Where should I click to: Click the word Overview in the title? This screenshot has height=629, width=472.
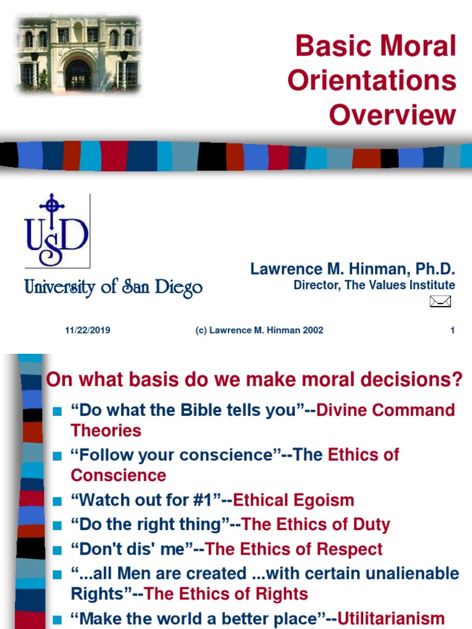pyautogui.click(x=392, y=114)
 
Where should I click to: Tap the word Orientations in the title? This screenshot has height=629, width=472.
pyautogui.click(x=372, y=80)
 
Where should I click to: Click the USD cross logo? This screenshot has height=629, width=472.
pyautogui.click(x=57, y=230)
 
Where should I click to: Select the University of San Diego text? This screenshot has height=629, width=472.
pyautogui.click(x=113, y=287)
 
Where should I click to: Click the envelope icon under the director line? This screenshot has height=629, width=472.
pyautogui.click(x=441, y=301)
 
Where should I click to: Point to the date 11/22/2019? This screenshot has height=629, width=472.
pyautogui.click(x=88, y=330)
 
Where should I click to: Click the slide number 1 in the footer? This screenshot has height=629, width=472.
pyautogui.click(x=452, y=330)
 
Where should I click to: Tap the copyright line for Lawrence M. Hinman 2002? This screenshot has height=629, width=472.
pyautogui.click(x=259, y=330)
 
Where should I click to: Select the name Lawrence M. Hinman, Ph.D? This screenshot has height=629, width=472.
pyautogui.click(x=352, y=269)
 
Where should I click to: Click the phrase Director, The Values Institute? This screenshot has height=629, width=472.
pyautogui.click(x=374, y=285)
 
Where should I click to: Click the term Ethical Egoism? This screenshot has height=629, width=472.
pyautogui.click(x=293, y=500)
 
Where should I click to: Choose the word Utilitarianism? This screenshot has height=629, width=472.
pyautogui.click(x=391, y=618)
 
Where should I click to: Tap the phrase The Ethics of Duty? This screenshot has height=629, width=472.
pyautogui.click(x=316, y=525)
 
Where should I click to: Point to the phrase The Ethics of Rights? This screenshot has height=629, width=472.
pyautogui.click(x=226, y=594)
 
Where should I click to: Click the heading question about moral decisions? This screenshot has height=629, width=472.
pyautogui.click(x=254, y=380)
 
